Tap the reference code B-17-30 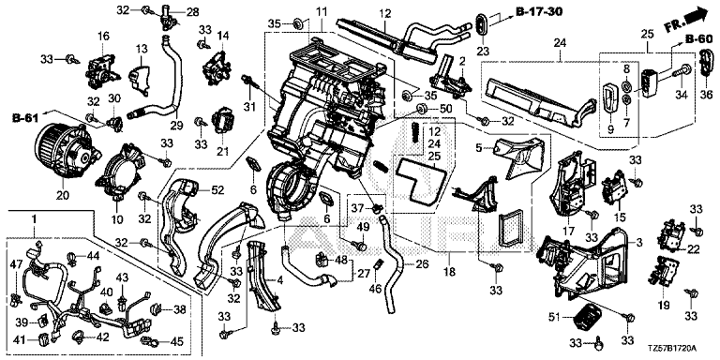coord(540,11)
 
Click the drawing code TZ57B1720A coord(675,349)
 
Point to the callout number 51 coord(556,317)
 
